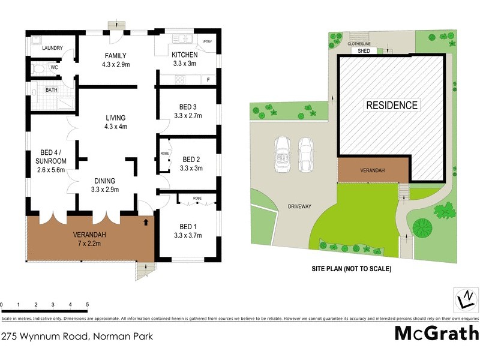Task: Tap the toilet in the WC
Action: pyautogui.click(x=38, y=68)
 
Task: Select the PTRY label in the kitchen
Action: pyautogui.click(x=208, y=41)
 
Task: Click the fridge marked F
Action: pyautogui.click(x=208, y=79)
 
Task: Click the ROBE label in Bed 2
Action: pyautogui.click(x=165, y=153)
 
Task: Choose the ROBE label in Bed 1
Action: pyautogui.click(x=197, y=198)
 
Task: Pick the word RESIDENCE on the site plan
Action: pyautogui.click(x=392, y=105)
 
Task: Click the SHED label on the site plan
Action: pyautogui.click(x=364, y=52)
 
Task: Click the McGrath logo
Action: pyautogui.click(x=436, y=333)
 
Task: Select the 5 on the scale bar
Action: pyautogui.click(x=88, y=304)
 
